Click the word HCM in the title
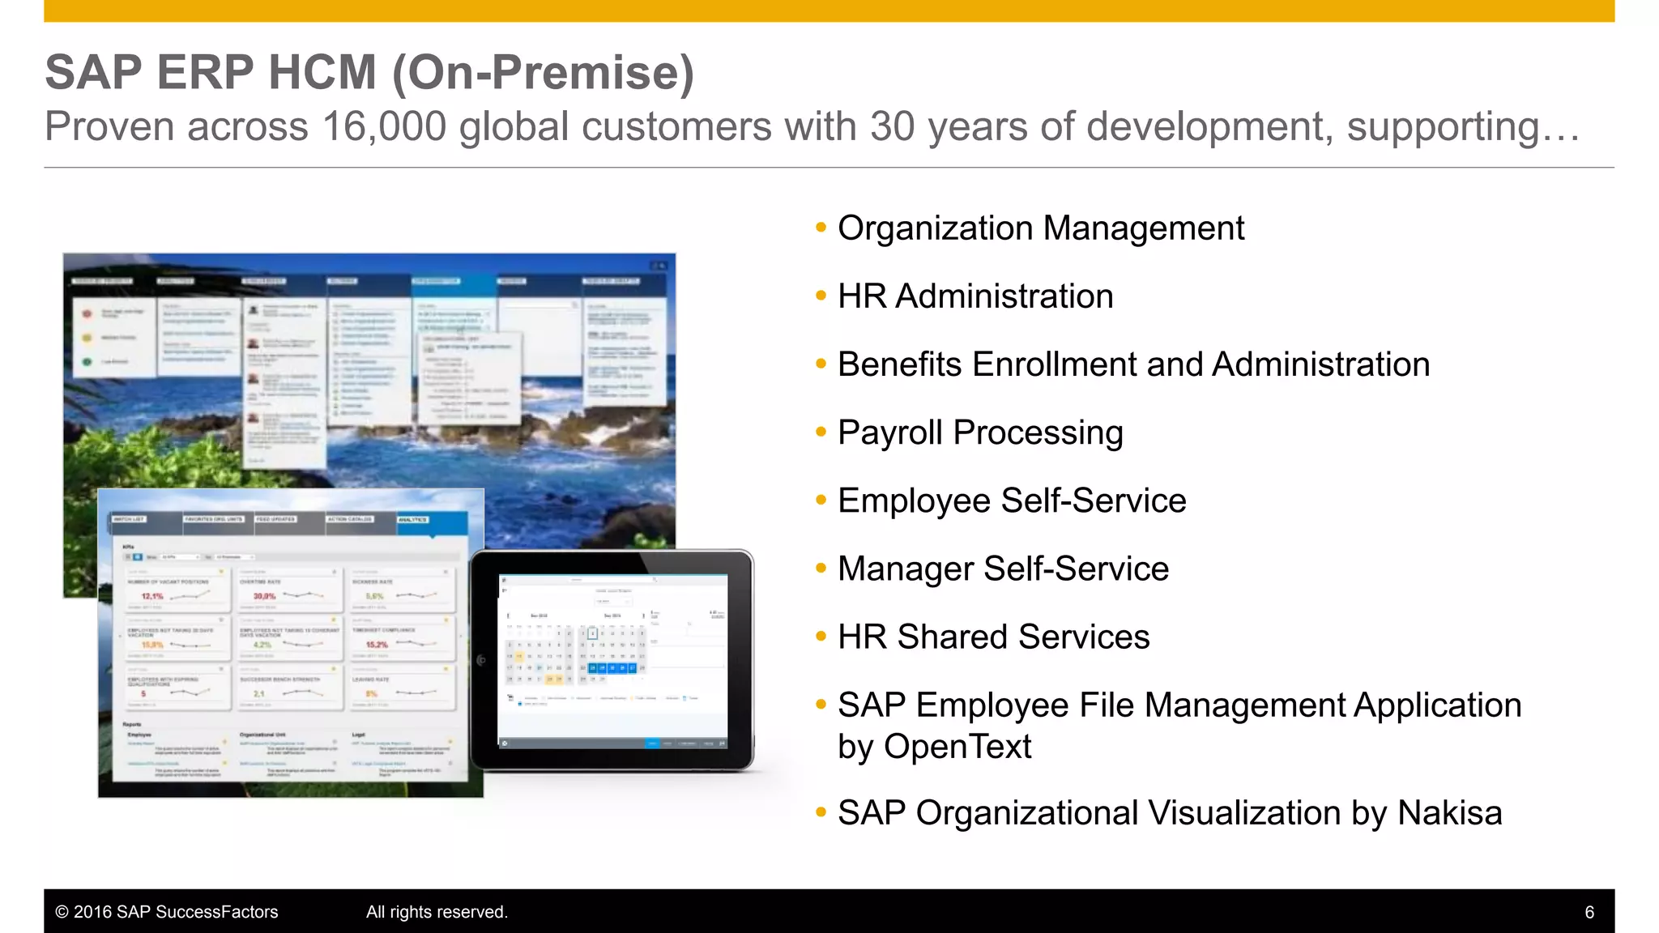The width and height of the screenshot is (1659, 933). click(322, 73)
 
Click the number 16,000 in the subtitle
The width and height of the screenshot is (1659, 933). click(384, 127)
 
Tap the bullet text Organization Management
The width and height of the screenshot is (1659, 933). click(1040, 228)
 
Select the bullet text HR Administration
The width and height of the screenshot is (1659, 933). click(975, 296)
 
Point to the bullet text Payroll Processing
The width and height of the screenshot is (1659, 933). click(980, 432)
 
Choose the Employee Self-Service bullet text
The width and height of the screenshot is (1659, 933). click(1012, 501)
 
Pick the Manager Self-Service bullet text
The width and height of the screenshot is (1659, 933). click(1003, 569)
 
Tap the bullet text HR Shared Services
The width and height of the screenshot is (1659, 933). click(993, 637)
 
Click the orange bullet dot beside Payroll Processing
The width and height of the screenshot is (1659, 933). click(821, 432)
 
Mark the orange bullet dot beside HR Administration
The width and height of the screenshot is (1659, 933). click(821, 296)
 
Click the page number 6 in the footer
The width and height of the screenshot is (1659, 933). click(1589, 913)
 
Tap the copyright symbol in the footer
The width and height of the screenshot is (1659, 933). click(62, 913)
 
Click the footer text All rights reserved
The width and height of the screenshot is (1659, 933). click(437, 913)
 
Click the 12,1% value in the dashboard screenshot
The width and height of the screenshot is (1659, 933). click(152, 596)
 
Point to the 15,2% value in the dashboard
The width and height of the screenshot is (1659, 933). click(377, 645)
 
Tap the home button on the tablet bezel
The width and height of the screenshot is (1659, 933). click(481, 660)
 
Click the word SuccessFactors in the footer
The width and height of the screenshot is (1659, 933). click(216, 913)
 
